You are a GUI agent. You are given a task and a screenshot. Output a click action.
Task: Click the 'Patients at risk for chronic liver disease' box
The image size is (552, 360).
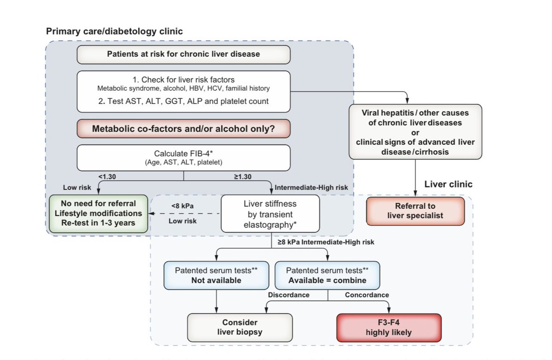point(183,54)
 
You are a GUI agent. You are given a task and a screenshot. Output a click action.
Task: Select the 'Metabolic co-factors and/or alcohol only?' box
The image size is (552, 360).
point(183,129)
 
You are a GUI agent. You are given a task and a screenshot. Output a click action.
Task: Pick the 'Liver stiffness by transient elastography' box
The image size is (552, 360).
point(270,214)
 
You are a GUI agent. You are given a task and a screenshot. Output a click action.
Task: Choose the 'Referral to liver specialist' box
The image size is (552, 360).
point(415,211)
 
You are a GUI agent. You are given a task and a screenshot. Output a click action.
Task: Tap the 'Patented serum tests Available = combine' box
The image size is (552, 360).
point(327,275)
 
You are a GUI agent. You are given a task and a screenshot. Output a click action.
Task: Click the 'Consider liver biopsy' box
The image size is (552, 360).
point(240,327)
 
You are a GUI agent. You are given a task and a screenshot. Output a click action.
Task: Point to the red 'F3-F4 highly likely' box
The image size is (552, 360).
point(389,327)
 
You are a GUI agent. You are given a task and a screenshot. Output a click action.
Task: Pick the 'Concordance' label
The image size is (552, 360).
point(367,295)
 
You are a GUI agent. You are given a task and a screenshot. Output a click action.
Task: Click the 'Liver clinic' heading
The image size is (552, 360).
point(448,184)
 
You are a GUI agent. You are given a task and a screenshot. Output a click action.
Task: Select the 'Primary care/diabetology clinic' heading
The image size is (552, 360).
point(114,31)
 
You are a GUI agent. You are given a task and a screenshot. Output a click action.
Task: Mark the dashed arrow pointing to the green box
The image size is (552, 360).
point(184,214)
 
